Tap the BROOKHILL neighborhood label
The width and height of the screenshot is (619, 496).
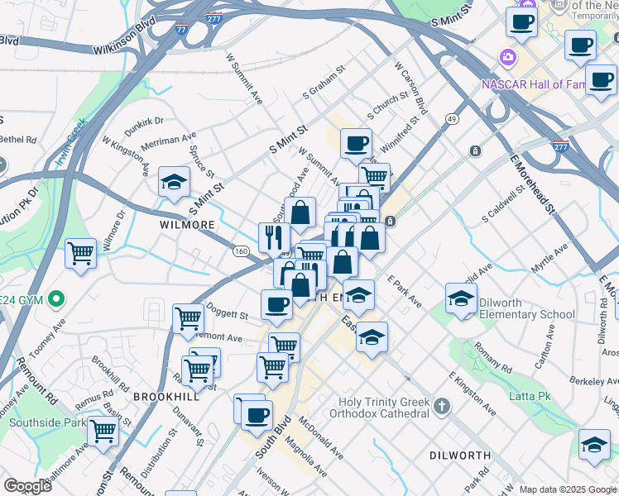166,397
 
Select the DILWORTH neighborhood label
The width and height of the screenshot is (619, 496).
461,455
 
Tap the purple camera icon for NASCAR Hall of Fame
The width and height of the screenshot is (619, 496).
506,58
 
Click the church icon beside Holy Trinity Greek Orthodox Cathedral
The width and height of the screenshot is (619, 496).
442,406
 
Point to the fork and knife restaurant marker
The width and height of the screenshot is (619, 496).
274,237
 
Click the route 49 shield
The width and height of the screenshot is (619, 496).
451,119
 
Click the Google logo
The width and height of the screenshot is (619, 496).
28,486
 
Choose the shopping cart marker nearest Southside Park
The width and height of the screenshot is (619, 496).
103,430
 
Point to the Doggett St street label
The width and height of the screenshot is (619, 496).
226,315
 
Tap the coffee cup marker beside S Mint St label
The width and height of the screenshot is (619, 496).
356,143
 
